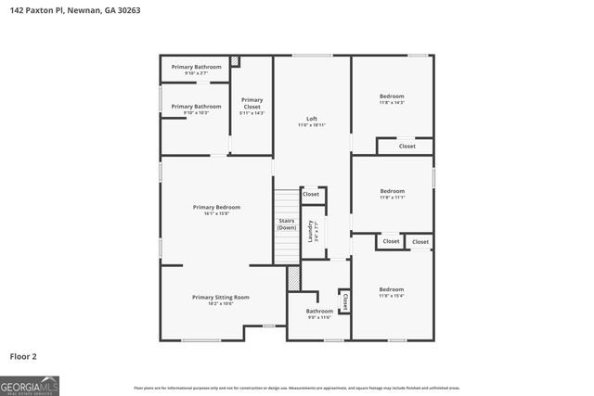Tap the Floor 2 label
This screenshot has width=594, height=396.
pyautogui.click(x=24, y=355)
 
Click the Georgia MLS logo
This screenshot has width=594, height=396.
pyautogui.click(x=30, y=385)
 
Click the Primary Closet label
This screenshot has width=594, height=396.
pyautogui.click(x=252, y=106)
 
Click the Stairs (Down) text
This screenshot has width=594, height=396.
pyautogui.click(x=287, y=224)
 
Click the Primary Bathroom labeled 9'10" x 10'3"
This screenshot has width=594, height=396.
pyautogui.click(x=196, y=109)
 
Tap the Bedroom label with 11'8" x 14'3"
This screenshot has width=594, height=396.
pyautogui.click(x=392, y=99)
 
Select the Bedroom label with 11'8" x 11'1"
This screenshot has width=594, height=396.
pyautogui.click(x=392, y=194)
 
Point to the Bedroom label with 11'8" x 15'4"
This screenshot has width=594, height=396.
pyautogui.click(x=391, y=292)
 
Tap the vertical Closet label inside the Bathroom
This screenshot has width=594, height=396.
pyautogui.click(x=344, y=301)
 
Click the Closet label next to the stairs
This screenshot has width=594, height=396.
pyautogui.click(x=311, y=194)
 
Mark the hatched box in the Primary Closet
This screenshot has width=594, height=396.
pyautogui.click(x=236, y=61)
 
